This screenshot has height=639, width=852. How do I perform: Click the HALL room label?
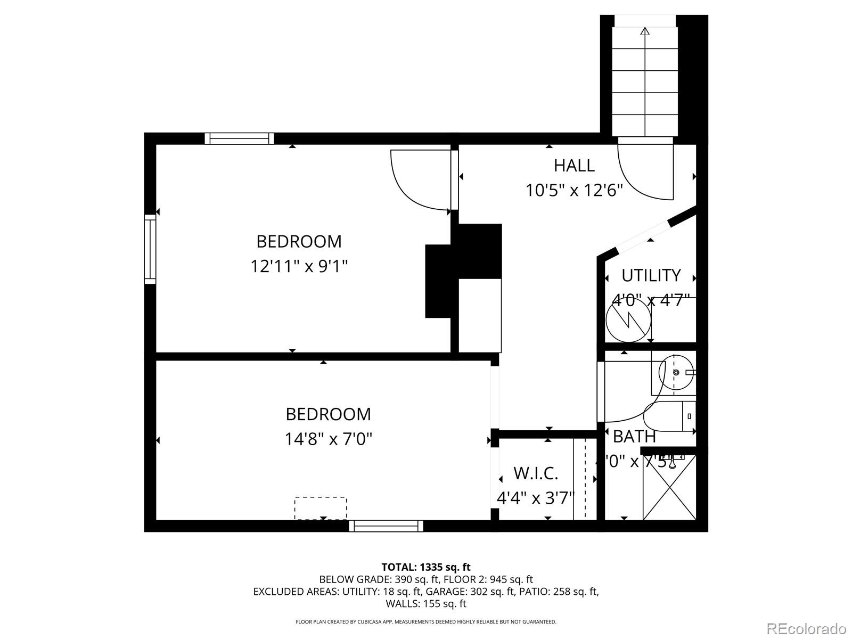574,166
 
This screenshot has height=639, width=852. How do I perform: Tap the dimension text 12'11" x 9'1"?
299,266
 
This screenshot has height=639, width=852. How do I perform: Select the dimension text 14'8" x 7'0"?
328,439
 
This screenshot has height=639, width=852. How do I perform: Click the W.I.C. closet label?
535,473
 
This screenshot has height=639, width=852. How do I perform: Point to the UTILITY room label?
651,275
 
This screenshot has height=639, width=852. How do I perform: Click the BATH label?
634,437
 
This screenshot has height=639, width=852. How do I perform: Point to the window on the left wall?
150,249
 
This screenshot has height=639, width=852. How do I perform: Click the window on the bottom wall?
386,526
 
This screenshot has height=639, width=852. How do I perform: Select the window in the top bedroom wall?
239,138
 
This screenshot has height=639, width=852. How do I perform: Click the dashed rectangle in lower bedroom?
321,507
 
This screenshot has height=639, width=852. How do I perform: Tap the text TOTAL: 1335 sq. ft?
425,567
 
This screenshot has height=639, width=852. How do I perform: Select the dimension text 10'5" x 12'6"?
574,190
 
